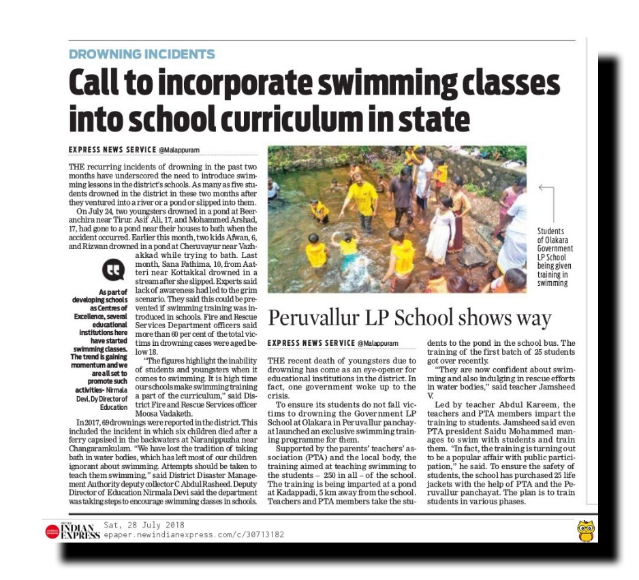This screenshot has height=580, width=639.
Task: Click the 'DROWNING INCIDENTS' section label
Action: click(x=142, y=54)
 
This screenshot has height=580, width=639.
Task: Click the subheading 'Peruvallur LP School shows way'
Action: click(x=409, y=318)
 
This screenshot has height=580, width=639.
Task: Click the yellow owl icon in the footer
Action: click(x=585, y=530)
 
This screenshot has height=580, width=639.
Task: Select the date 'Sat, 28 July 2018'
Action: click(x=144, y=525)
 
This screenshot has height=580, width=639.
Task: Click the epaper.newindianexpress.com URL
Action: click(x=193, y=535)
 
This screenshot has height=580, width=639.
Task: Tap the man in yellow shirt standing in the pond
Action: click(x=360, y=197)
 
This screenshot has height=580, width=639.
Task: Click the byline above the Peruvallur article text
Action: click(x=333, y=343)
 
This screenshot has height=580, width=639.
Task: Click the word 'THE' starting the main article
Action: click(x=78, y=166)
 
